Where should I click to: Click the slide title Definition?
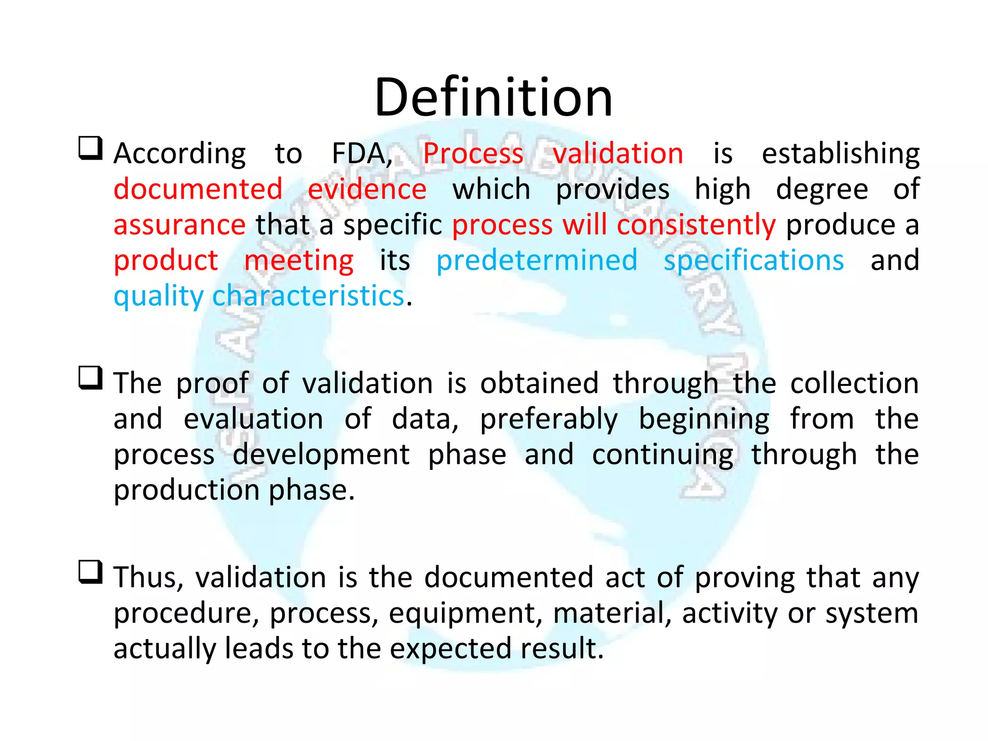tap(493, 97)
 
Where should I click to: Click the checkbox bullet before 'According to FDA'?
tap(91, 148)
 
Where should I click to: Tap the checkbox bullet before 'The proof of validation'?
tap(91, 378)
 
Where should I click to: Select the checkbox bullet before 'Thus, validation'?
tap(91, 572)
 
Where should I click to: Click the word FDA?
tap(361, 154)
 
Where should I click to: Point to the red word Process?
tap(473, 154)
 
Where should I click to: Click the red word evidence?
tap(367, 189)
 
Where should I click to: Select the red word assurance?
tap(179, 225)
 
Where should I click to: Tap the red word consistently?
tap(696, 226)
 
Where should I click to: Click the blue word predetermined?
tap(536, 261)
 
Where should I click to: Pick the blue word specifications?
tap(754, 261)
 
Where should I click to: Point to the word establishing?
tap(840, 154)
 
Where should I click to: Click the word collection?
tap(854, 384)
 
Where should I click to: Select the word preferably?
tap(549, 419)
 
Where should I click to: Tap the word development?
tap(321, 455)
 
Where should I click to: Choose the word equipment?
tap(462, 614)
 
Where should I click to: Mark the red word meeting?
tap(299, 261)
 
